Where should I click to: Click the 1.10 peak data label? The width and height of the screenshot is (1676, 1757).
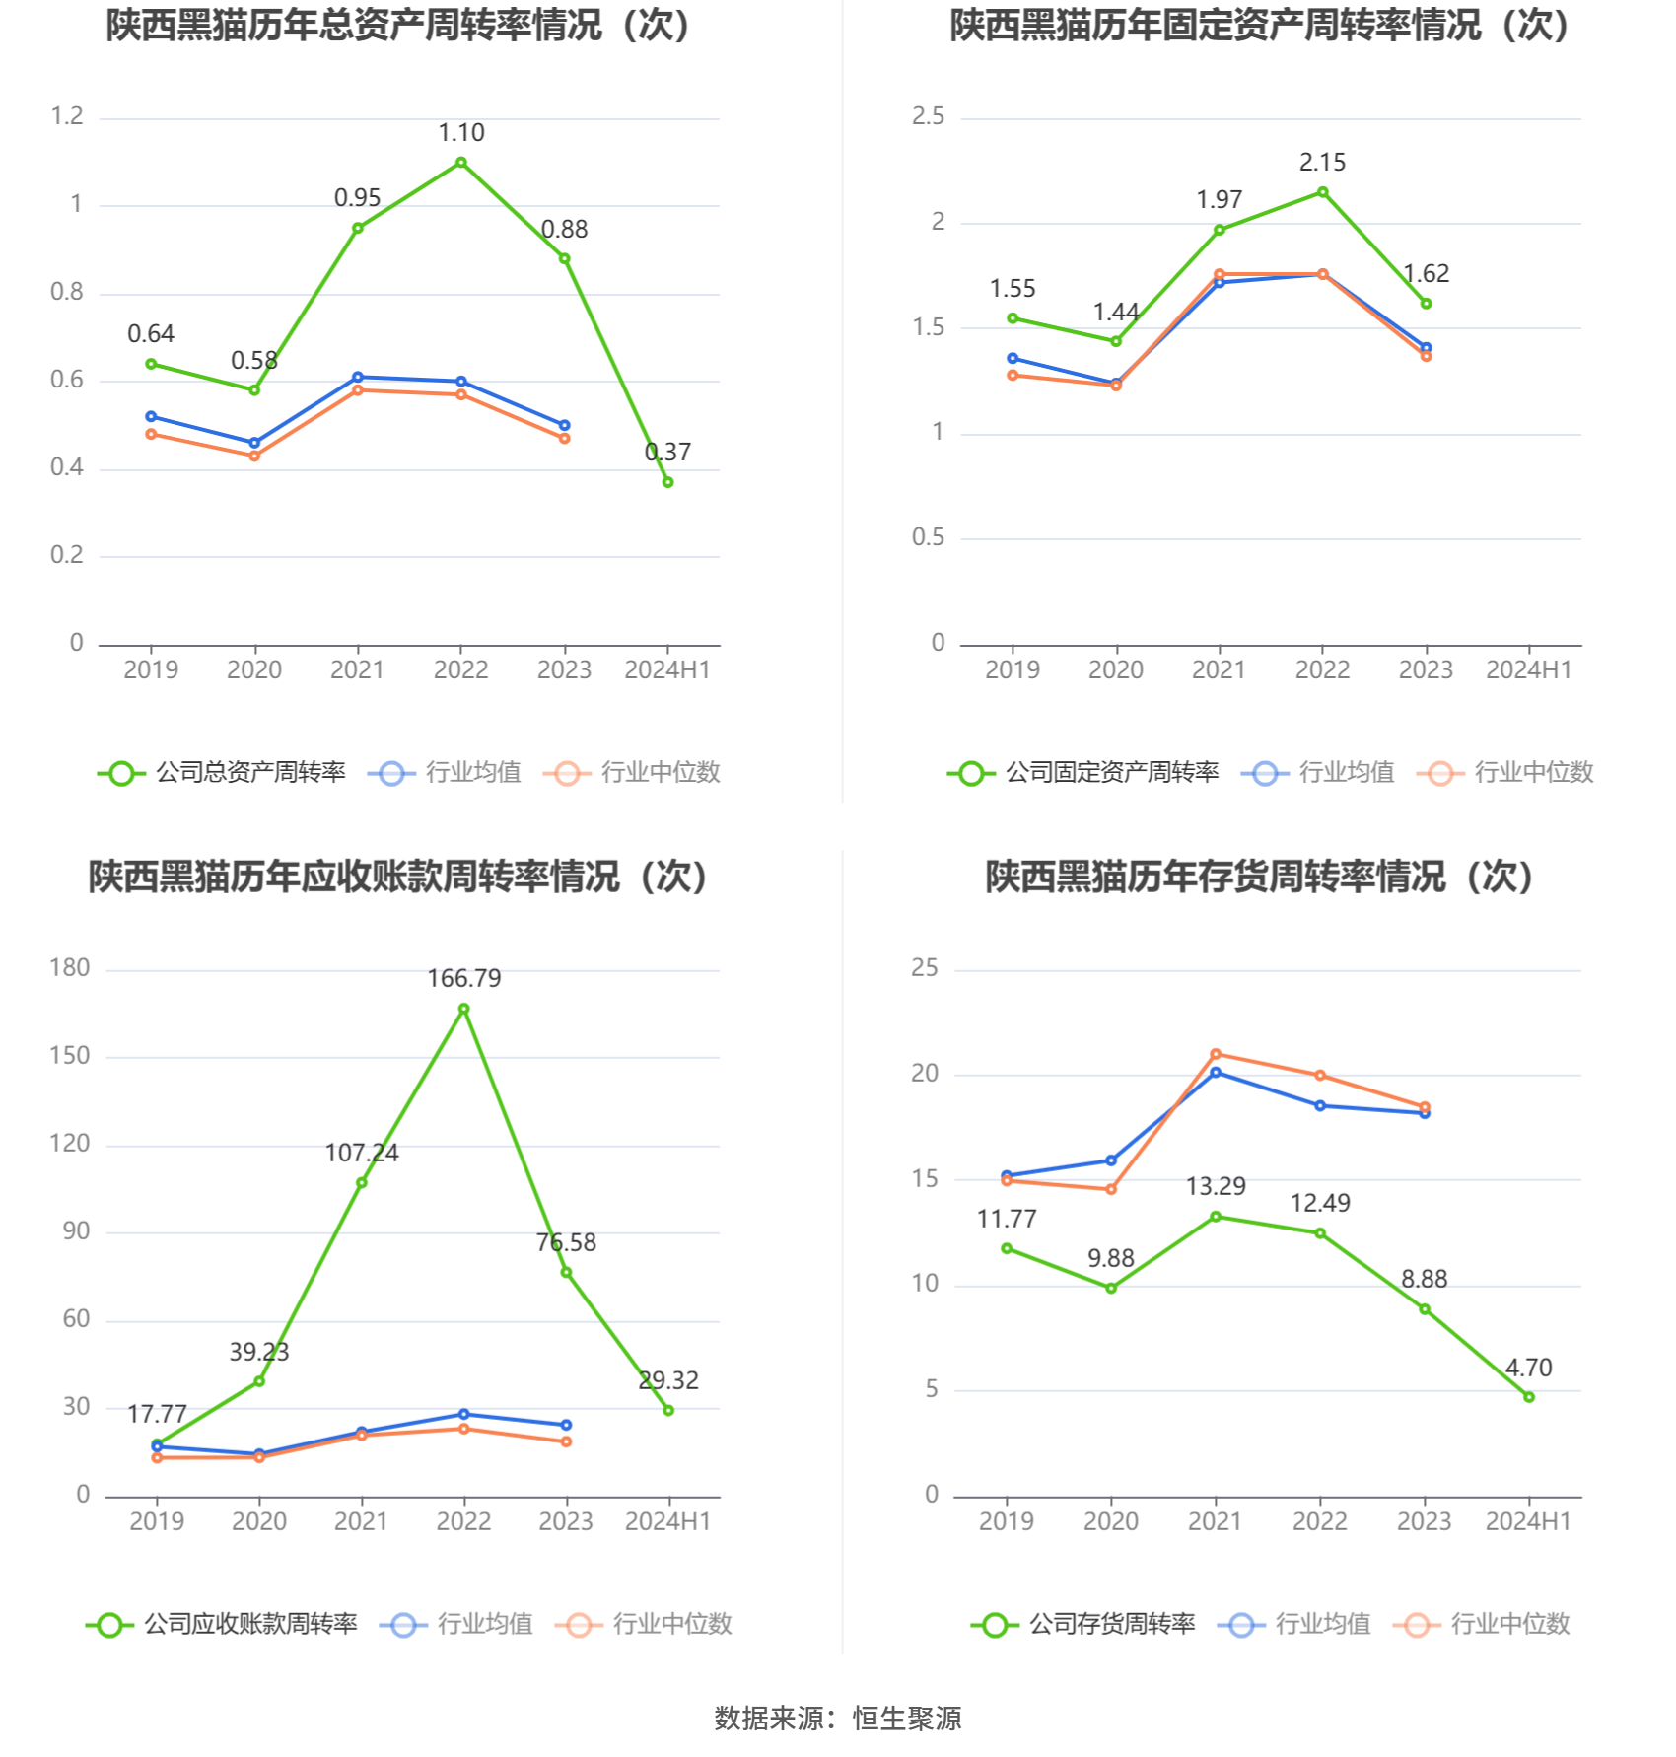[460, 133]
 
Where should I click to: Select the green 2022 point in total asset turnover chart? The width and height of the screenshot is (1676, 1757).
[460, 163]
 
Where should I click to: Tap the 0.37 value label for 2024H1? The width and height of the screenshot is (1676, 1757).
[667, 453]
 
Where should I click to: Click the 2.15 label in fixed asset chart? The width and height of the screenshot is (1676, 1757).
[1322, 163]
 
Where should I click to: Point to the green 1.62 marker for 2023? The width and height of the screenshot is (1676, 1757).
[1426, 304]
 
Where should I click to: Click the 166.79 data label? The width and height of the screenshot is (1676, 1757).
[463, 979]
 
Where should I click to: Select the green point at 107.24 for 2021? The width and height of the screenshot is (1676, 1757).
[362, 1182]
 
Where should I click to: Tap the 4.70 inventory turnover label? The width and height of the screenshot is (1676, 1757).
[1528, 1369]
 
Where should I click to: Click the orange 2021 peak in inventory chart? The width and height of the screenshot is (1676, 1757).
[1216, 1055]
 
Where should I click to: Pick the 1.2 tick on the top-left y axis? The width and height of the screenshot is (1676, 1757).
[67, 116]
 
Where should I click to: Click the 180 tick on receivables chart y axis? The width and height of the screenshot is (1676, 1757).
[69, 968]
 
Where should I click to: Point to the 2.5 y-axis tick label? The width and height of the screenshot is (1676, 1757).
[928, 116]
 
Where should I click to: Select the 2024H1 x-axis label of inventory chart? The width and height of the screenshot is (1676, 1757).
[1528, 1522]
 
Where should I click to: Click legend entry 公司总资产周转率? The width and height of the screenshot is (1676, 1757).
[250, 773]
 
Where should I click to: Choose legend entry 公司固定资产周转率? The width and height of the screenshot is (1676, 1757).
[1111, 773]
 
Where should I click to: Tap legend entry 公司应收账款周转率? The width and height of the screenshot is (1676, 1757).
[250, 1625]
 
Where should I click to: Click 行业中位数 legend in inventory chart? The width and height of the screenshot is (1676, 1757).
[1509, 1625]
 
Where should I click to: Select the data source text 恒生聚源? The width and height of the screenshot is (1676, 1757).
[907, 1719]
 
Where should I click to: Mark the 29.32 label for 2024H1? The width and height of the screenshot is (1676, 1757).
[668, 1381]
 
